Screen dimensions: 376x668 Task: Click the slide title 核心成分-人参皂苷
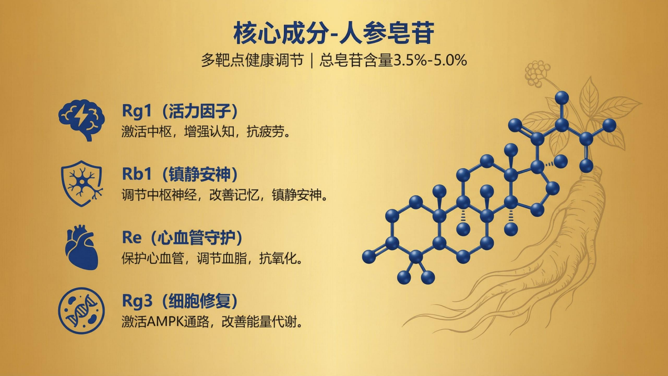coord(333,33)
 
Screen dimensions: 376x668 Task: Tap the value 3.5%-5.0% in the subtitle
coord(430,61)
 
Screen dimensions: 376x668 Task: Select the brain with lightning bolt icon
coord(81,119)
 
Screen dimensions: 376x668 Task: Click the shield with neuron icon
coord(81,183)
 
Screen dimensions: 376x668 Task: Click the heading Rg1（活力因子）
coord(180,111)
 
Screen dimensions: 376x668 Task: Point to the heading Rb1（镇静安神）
coord(180,174)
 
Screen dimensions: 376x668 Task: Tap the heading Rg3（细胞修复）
coord(180,301)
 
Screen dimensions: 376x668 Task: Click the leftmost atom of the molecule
coord(369,256)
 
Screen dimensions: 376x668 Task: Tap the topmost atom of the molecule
coord(562,98)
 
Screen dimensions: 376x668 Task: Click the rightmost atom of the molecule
coord(610,125)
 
